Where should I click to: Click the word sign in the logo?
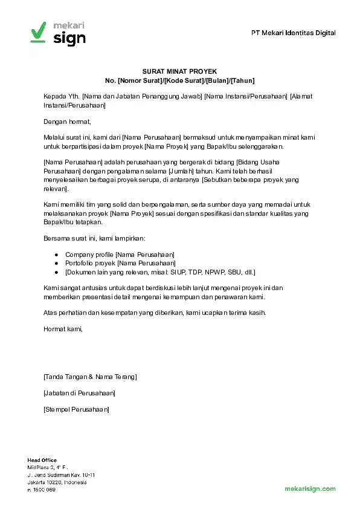click(69, 38)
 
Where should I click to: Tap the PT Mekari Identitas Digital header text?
click(293, 33)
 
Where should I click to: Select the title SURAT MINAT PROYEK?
click(179, 71)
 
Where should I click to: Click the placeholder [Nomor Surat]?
click(140, 80)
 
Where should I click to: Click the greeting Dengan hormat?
click(67, 122)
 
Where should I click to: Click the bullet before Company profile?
click(56, 254)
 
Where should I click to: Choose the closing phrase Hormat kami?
click(63, 329)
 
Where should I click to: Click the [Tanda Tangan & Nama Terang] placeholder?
click(90, 377)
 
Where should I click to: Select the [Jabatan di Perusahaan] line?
click(79, 393)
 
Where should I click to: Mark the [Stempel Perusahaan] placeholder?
click(76, 409)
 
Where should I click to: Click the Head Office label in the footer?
click(42, 461)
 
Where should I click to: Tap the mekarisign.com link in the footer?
click(310, 488)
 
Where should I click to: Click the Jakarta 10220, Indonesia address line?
click(57, 482)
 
